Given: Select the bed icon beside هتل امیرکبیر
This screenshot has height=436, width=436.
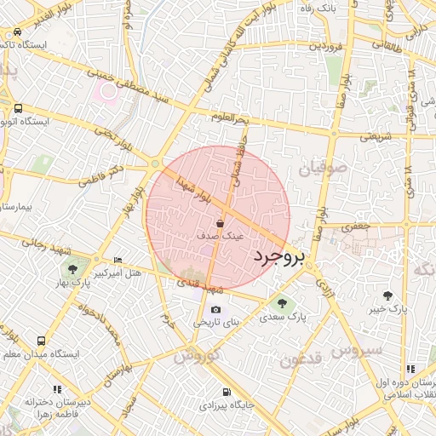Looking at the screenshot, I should click(x=118, y=260).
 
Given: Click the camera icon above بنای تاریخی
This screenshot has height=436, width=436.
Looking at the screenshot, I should click(x=215, y=308).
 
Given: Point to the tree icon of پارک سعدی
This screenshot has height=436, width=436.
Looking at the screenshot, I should click(x=281, y=301).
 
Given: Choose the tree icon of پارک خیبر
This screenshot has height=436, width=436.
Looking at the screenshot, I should click(x=387, y=295).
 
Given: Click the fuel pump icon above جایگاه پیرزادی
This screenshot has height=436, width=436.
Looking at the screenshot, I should click(x=226, y=393).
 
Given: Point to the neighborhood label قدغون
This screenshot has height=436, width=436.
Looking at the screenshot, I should click(x=301, y=359).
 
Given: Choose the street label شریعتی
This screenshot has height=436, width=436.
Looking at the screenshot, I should click(x=376, y=136).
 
